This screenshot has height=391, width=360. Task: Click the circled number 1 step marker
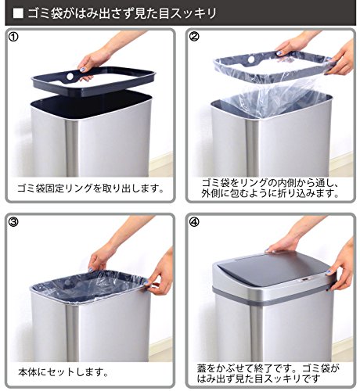click(13, 37)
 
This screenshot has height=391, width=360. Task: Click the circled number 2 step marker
click(194, 37)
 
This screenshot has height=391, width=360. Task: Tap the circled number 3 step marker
click(13, 222)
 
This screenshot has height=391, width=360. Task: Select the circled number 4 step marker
click(194, 222)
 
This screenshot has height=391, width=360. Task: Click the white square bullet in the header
click(18, 13)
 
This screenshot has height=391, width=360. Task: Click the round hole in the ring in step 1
click(70, 77)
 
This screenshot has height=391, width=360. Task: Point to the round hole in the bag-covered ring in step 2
click(251, 59)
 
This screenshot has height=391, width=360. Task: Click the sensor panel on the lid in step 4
click(304, 280)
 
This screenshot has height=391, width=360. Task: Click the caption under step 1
click(90, 188)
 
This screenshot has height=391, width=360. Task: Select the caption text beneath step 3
click(63, 372)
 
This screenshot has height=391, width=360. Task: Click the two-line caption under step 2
click(270, 188)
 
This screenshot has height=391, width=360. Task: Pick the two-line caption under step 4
click(268, 373)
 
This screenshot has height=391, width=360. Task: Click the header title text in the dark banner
click(122, 13)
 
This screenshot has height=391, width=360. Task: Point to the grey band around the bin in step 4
click(272, 296)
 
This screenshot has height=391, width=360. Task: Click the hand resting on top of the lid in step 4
click(283, 245)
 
